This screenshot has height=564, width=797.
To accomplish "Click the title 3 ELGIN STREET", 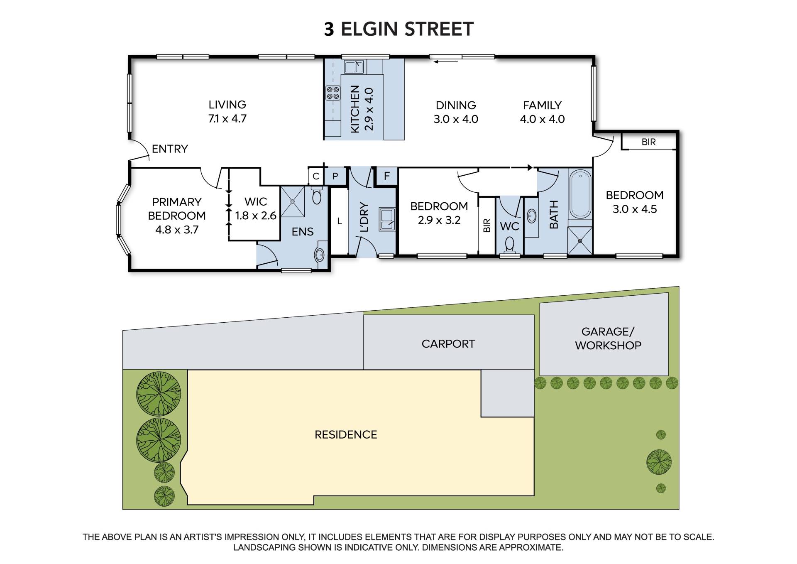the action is point(398,29).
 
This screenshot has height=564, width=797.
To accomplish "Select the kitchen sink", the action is point(354,66).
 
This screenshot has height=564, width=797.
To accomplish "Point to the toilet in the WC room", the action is point(509,245).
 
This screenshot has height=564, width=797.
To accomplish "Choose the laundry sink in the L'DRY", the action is point(387,220).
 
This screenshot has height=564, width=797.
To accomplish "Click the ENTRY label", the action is point(170,149).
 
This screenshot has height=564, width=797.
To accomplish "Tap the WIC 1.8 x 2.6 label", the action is point(256,208).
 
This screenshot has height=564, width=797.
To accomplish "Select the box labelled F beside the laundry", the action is point(387,176).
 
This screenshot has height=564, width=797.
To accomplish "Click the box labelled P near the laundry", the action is point(335,176).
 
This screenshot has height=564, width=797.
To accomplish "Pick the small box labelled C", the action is point(316,176).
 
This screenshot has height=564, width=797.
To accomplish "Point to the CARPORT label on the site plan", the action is point(448,344).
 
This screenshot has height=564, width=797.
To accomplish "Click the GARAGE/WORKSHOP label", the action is point(608,338).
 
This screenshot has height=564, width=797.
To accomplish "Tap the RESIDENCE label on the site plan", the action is point(346,435).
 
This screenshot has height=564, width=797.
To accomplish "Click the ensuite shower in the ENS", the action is point(293,201).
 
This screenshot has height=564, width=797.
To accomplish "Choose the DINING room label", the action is point(456,105).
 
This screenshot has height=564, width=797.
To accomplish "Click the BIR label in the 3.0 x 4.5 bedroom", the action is point(648,142).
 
